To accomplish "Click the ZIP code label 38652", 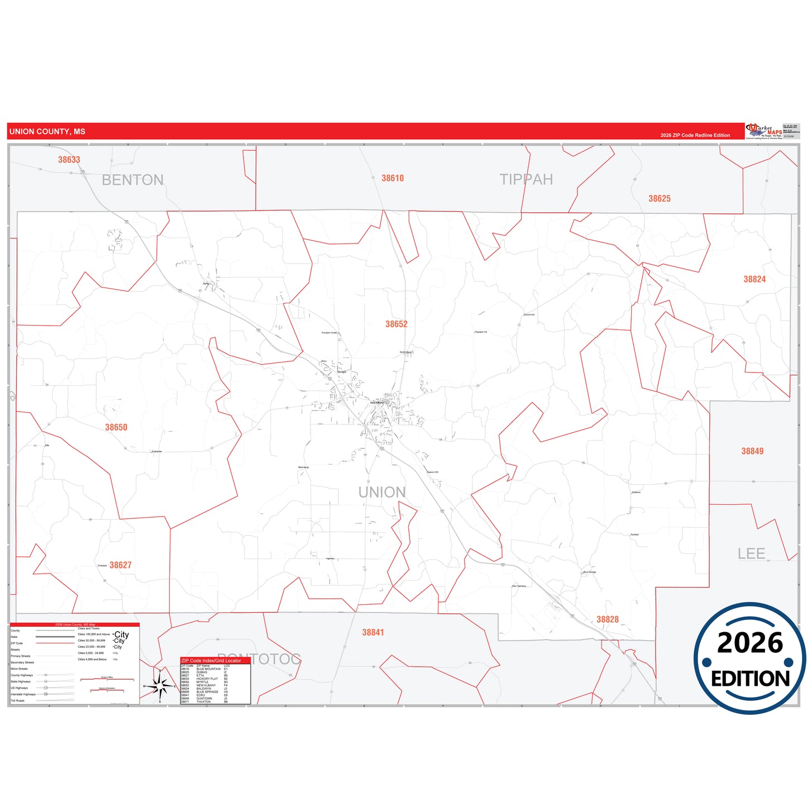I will pyautogui.click(x=396, y=324).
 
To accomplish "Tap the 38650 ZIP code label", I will pyautogui.click(x=116, y=427).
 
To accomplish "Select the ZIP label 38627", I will pyautogui.click(x=120, y=565).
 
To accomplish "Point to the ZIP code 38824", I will pyautogui.click(x=754, y=279).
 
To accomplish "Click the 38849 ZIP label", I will pyautogui.click(x=752, y=451).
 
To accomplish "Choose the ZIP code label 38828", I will pyautogui.click(x=607, y=619).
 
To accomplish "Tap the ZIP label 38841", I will pyautogui.click(x=373, y=632).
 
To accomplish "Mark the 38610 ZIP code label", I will pyautogui.click(x=392, y=178).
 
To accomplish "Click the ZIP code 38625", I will pyautogui.click(x=659, y=199).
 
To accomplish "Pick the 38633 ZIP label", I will pyautogui.click(x=69, y=160).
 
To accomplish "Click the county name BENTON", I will pyautogui.click(x=132, y=180).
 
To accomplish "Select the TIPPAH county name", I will pyautogui.click(x=526, y=179).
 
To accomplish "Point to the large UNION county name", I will pyautogui.click(x=382, y=492).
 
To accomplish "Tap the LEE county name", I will pyautogui.click(x=751, y=553).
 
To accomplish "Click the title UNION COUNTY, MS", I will pyautogui.click(x=47, y=132).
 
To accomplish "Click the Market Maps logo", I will pyautogui.click(x=764, y=131).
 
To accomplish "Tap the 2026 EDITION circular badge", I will pyautogui.click(x=749, y=658).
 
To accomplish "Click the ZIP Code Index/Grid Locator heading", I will pyautogui.click(x=211, y=661).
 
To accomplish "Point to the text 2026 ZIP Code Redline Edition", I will pyautogui.click(x=695, y=135).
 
